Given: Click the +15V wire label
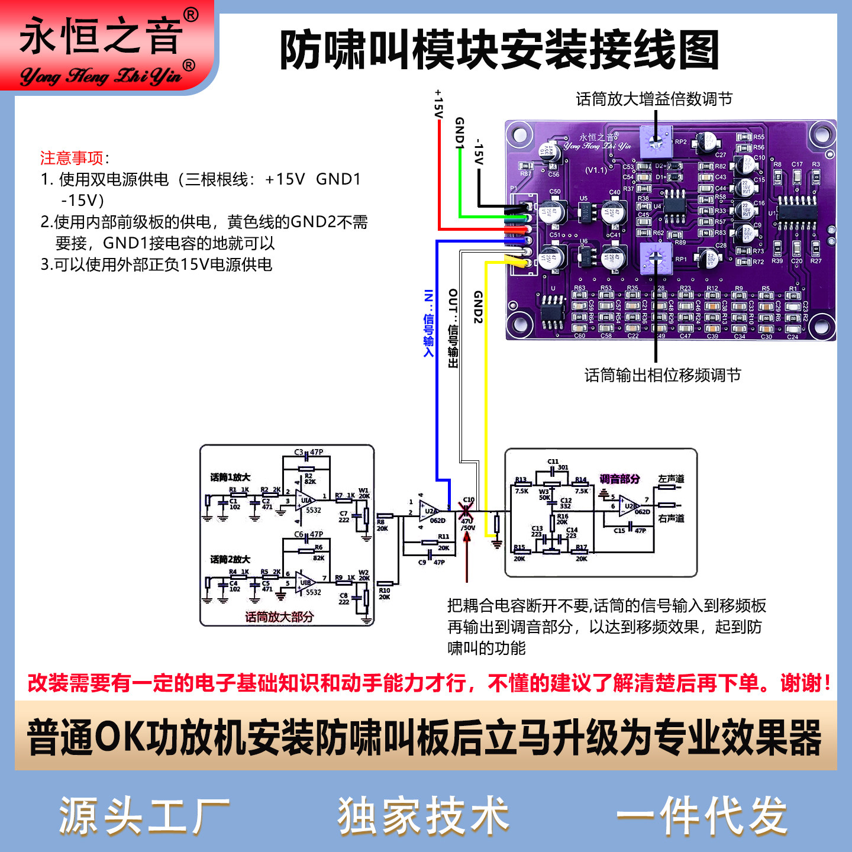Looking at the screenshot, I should pyautogui.click(x=438, y=104).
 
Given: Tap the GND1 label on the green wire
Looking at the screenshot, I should pyautogui.click(x=459, y=131).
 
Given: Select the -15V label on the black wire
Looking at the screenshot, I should pyautogui.click(x=479, y=152).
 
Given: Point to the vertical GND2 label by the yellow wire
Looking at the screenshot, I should pyautogui.click(x=478, y=307).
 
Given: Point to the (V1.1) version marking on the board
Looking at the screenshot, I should pyautogui.click(x=596, y=170).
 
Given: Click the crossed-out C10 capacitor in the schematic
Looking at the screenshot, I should pyautogui.click(x=466, y=511).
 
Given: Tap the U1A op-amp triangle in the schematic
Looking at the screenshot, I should pyautogui.click(x=305, y=501).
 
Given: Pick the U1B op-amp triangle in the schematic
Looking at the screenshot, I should pyautogui.click(x=305, y=582).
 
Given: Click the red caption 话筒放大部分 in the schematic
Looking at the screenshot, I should pyautogui.click(x=279, y=617).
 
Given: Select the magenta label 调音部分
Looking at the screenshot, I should pyautogui.click(x=619, y=479).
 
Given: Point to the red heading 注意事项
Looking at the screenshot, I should pyautogui.click(x=72, y=158).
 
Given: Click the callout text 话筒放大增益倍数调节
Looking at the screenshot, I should pyautogui.click(x=654, y=99).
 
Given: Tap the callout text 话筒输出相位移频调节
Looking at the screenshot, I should pyautogui.click(x=663, y=375).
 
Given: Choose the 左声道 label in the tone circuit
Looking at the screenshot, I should pyautogui.click(x=671, y=479).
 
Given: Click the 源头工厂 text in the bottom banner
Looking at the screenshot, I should pyautogui.click(x=144, y=816).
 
